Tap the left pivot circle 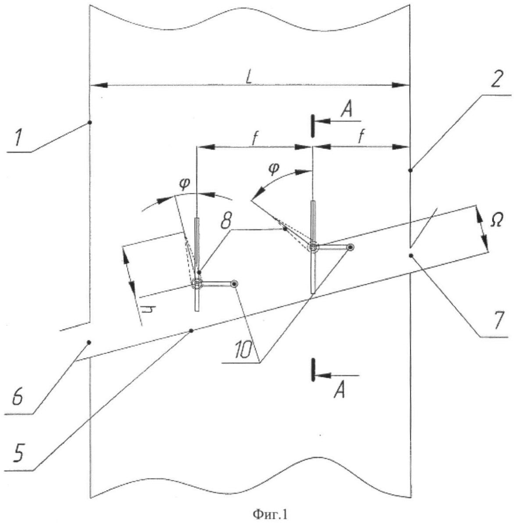[197, 284]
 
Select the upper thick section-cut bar [312, 126]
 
